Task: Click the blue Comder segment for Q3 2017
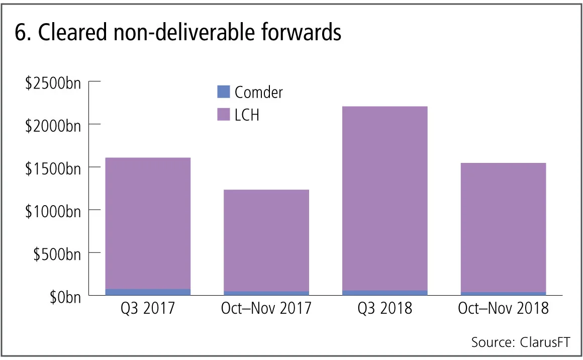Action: click(148, 292)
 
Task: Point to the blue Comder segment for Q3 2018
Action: click(384, 292)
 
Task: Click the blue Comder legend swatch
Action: click(223, 92)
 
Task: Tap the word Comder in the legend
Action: click(259, 92)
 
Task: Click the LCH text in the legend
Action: click(247, 115)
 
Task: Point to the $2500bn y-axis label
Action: click(53, 82)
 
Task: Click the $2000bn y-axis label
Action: click(53, 125)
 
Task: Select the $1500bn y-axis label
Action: click(53, 168)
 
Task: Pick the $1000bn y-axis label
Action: click(53, 211)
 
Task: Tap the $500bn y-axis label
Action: click(57, 254)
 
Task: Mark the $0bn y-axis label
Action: click(65, 297)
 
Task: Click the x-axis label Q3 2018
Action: click(384, 308)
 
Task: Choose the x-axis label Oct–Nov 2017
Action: click(266, 308)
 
